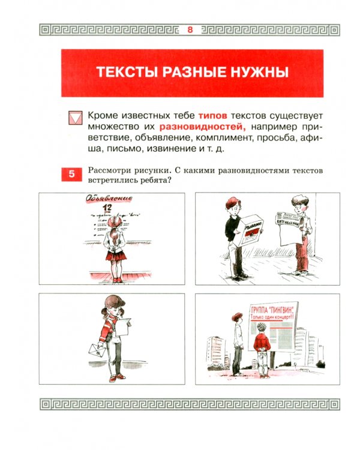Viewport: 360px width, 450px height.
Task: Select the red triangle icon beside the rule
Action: point(75,118)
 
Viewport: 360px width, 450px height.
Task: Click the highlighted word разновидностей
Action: point(203,127)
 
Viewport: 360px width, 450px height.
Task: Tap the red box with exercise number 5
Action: point(71,175)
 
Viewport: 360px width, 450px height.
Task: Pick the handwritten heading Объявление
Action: point(100,198)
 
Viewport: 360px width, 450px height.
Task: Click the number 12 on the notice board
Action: point(108,208)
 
